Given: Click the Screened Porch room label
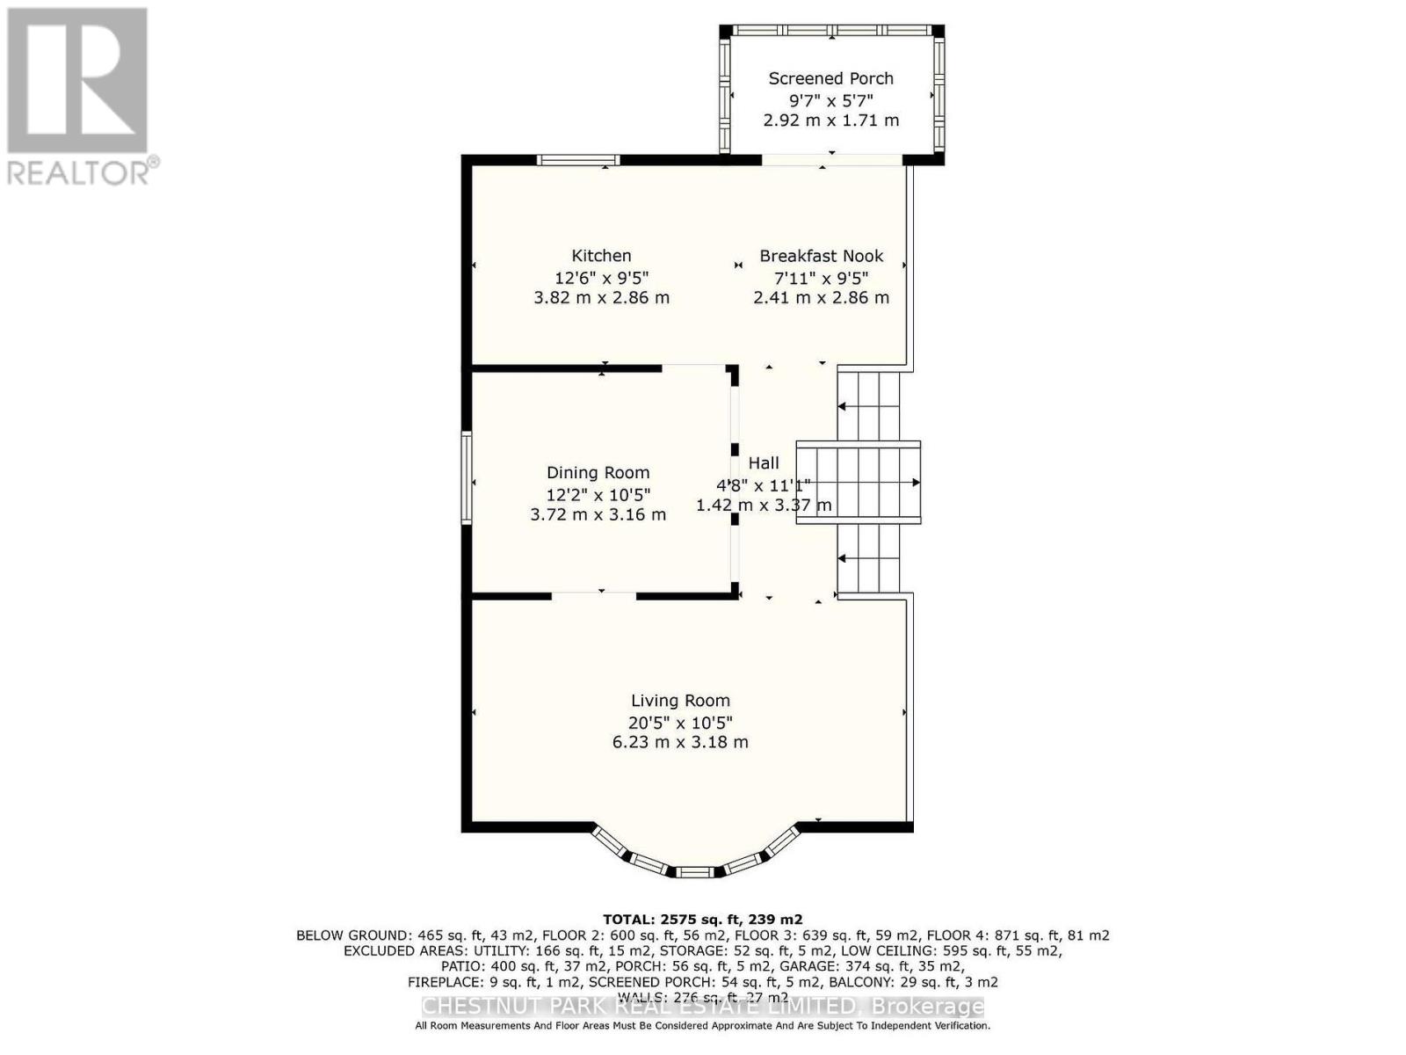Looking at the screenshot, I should pos(830,78).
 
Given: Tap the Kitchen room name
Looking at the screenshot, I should pos(601,256).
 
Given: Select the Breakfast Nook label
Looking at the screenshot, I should pos(821,256).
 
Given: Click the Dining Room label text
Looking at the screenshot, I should pos(598,473).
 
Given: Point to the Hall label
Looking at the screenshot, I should pos(764,463).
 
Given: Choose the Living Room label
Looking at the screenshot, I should pos(680,701).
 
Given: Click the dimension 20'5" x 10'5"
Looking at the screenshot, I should pos(680,723).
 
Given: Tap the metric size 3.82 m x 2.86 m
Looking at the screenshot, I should pos(601,298).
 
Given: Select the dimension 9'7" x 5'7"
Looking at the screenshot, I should pos(830,100).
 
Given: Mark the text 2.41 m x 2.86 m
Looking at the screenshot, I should pos(821,298).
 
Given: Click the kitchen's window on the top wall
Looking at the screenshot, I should pos(578,160).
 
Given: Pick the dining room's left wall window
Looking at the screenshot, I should pos(467,479).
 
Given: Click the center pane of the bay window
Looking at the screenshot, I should pos(695,871).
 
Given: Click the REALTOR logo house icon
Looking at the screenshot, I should pos(77,81).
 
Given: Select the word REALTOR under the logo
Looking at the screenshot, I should pos(79,172).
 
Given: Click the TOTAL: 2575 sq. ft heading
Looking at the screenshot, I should pos(702,920).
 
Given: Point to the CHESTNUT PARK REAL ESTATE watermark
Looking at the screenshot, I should pos(702,1007).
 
